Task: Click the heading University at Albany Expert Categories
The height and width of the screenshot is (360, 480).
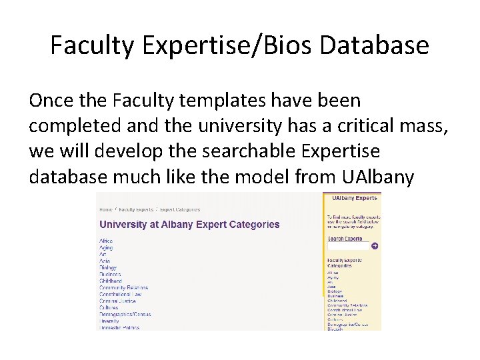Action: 189,224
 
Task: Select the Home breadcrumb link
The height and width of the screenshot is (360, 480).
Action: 105,209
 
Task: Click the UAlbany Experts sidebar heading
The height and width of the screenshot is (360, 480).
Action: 353,198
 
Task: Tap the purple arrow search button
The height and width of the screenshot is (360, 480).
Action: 375,246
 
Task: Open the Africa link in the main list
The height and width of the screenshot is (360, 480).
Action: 106,241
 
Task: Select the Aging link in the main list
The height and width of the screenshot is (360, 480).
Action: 105,247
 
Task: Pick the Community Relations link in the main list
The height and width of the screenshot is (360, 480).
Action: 123,287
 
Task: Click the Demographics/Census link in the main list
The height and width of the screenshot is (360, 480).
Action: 125,314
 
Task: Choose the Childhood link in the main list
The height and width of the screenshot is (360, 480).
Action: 111,281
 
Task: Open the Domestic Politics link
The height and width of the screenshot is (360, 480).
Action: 119,327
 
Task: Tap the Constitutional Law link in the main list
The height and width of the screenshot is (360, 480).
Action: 121,294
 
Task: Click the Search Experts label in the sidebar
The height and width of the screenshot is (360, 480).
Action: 345,238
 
